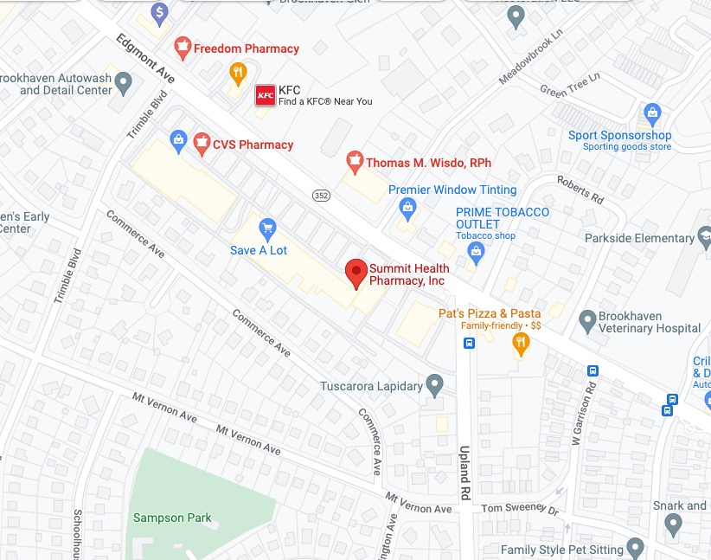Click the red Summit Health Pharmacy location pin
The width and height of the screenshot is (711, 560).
tap(355, 273)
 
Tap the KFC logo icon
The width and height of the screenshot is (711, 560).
tap(266, 95)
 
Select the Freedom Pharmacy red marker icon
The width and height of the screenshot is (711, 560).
tap(183, 48)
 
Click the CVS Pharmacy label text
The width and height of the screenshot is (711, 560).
tap(253, 145)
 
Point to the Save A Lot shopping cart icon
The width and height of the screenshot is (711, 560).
tap(267, 228)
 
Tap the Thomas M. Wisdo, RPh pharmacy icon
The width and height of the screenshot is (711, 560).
tap(354, 161)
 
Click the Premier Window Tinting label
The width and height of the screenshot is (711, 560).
tap(452, 190)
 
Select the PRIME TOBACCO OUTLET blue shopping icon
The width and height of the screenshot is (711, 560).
tap(475, 252)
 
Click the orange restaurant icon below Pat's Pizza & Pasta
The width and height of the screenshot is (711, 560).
tap(520, 344)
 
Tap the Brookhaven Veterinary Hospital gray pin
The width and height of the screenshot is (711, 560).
tap(586, 319)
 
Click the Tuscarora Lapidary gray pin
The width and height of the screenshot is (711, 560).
tap(435, 384)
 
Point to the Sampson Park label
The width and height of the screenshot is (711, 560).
tap(172, 518)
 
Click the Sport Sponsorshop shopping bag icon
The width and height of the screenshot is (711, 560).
tap(652, 113)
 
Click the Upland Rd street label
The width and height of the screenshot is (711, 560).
tap(464, 459)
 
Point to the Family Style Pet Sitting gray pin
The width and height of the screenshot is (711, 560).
tap(636, 547)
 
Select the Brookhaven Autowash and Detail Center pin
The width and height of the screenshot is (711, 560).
tap(124, 83)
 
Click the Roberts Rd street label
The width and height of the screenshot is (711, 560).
tap(580, 190)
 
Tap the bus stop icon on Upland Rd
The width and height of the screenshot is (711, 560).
tap(469, 343)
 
